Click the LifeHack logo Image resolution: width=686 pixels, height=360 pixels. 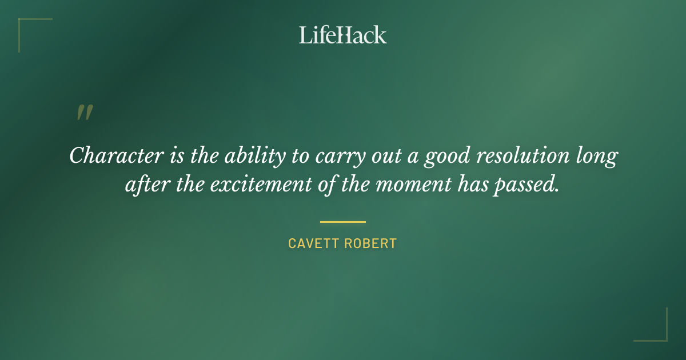point(343,35)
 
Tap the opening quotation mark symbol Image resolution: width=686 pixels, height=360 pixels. point(84,113)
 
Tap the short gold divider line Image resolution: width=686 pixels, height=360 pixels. point(343,222)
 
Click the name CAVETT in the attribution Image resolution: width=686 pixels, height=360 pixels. point(313,243)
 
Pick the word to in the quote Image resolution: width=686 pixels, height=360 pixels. point(300,156)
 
